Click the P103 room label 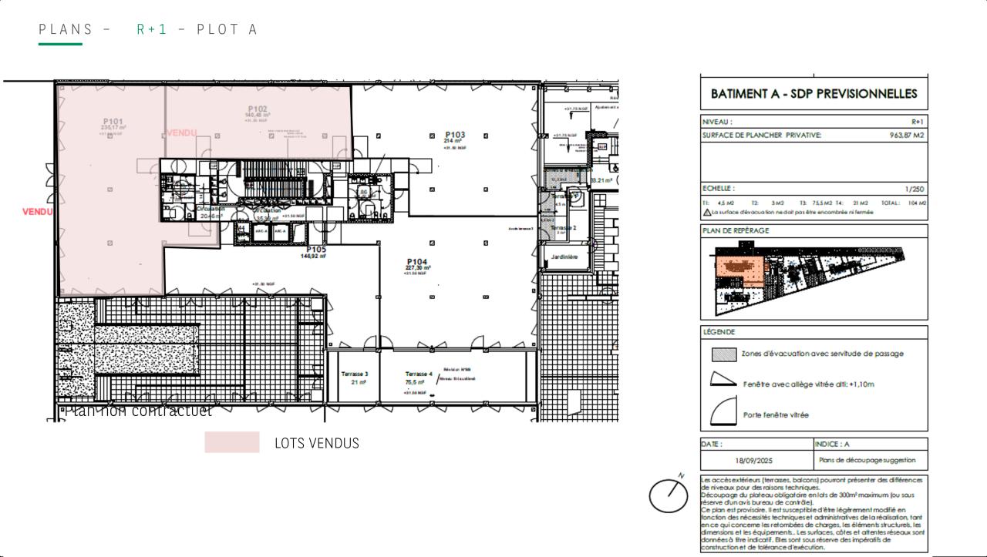454,135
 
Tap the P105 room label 316,250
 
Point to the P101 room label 113,122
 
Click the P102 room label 258,109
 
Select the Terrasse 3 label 354,374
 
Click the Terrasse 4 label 418,374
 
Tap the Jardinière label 564,257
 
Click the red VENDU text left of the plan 37,212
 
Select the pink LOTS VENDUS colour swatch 232,442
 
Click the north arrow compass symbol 668,495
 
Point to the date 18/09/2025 753,461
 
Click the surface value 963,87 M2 906,135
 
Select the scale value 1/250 915,189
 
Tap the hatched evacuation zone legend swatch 723,354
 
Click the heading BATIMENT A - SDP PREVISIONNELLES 814,94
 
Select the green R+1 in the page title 152,29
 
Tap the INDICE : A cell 833,444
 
